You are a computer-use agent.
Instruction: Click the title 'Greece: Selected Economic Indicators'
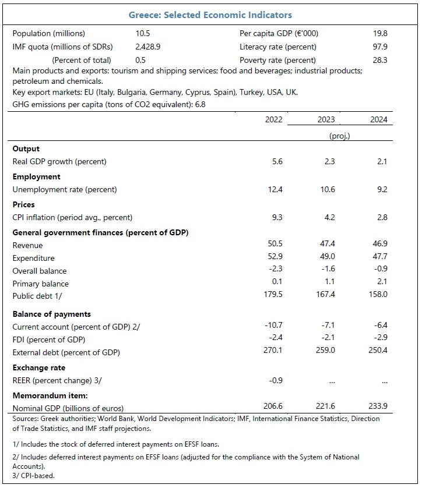(x=210, y=15)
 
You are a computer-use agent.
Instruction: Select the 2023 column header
(x=326, y=119)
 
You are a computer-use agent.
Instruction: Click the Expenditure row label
(x=33, y=258)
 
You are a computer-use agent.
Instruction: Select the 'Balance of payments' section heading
(x=51, y=314)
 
